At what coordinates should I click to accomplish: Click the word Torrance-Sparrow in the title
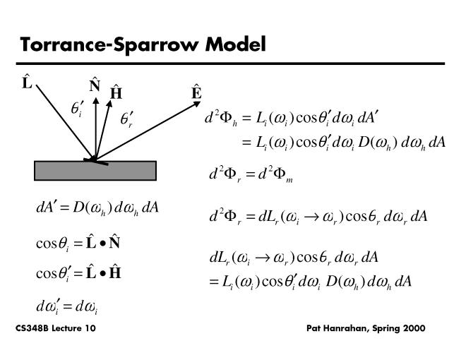coord(110,45)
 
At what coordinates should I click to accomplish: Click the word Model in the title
coord(236,45)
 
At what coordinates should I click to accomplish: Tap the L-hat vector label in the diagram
coord(28,83)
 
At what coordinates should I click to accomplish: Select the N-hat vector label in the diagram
coord(95,85)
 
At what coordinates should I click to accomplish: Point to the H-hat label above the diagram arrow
coord(116,92)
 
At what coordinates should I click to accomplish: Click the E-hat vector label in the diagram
coord(196,92)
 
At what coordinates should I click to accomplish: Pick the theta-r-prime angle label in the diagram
coord(127,119)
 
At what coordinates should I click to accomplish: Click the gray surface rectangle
coord(95,171)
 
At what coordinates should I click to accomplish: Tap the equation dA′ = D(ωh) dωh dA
coord(97,208)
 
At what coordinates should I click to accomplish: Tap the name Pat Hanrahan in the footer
coord(337,329)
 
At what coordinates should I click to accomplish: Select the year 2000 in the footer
coord(413,329)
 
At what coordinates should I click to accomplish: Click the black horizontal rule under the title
coord(233,64)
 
